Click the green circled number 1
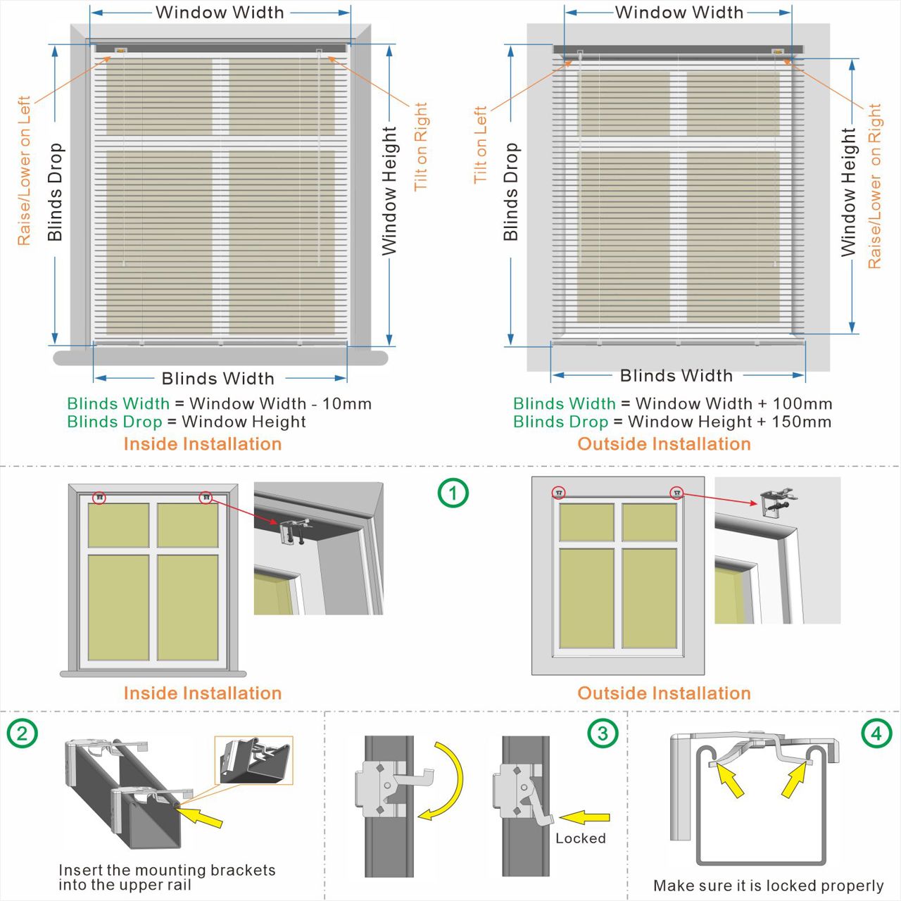pyautogui.click(x=453, y=493)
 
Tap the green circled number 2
pyautogui.click(x=22, y=733)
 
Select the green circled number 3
pyautogui.click(x=603, y=733)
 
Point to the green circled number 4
pyautogui.click(x=876, y=733)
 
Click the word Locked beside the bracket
pyautogui.click(x=580, y=838)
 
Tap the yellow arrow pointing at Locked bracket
pyautogui.click(x=585, y=817)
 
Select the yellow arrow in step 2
pyautogui.click(x=200, y=817)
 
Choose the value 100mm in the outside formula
pyautogui.click(x=802, y=404)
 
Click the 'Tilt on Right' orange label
pyautogui.click(x=421, y=146)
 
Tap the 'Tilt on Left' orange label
pyautogui.click(x=481, y=145)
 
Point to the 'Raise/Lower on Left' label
pyautogui.click(x=24, y=170)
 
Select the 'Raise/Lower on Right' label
pyautogui.click(x=875, y=187)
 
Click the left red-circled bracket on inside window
pyautogui.click(x=100, y=497)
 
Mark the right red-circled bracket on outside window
pyautogui.click(x=676, y=493)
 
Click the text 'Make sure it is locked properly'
pyautogui.click(x=768, y=886)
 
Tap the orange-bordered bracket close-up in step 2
pyautogui.click(x=254, y=760)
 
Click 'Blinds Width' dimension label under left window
pyautogui.click(x=218, y=379)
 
